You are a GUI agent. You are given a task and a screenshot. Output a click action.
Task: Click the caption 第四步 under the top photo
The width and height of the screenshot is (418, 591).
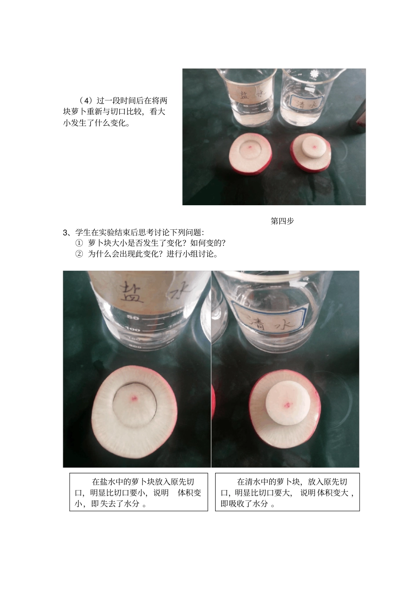[x=282, y=221]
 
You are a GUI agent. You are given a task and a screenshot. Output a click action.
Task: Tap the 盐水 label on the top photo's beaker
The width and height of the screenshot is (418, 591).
[x=249, y=95]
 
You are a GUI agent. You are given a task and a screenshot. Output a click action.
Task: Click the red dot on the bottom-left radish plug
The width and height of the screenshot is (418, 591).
[x=134, y=399]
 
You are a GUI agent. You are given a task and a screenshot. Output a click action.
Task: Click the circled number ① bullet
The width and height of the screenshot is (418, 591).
[x=79, y=243]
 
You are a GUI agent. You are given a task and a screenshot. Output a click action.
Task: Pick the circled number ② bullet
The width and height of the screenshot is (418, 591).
[x=79, y=254]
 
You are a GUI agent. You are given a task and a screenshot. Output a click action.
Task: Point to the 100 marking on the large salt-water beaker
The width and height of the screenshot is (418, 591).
[x=132, y=330]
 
